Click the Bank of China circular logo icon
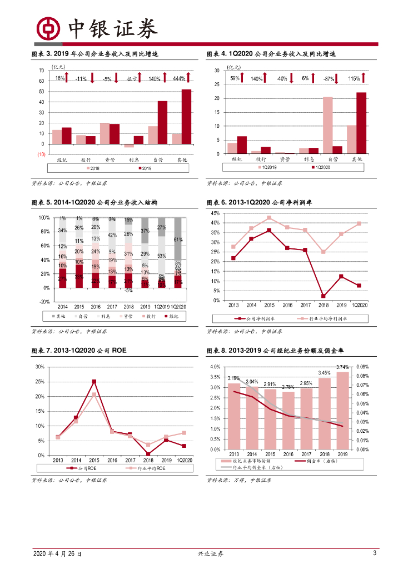(48, 28)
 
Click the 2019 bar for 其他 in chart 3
(186, 117)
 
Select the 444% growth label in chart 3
(179, 78)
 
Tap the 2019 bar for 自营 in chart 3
(162, 122)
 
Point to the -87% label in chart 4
(329, 79)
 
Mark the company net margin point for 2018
(323, 296)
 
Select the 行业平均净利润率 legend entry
(325, 319)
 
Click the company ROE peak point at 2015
(94, 382)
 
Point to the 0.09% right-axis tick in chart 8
(362, 367)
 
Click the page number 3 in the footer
(375, 553)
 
